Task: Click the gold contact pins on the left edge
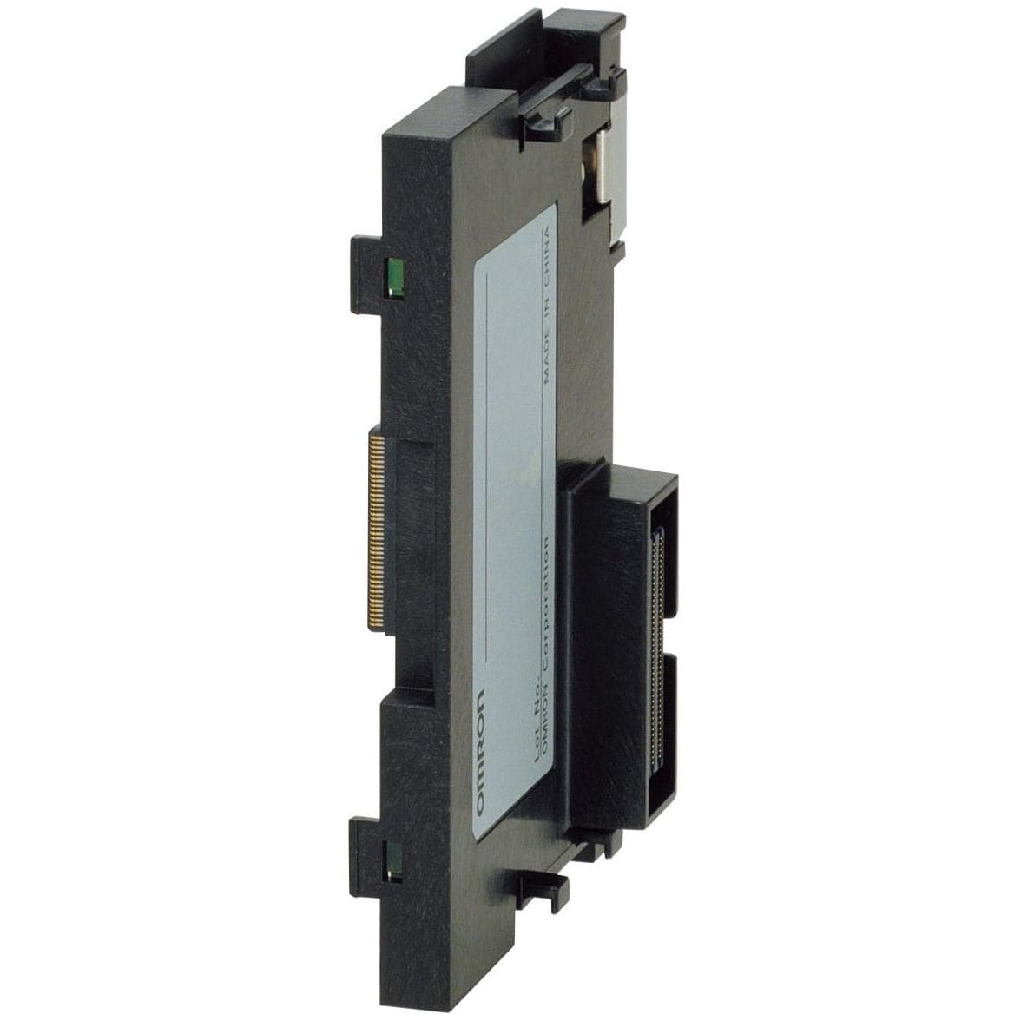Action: [x=377, y=530]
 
